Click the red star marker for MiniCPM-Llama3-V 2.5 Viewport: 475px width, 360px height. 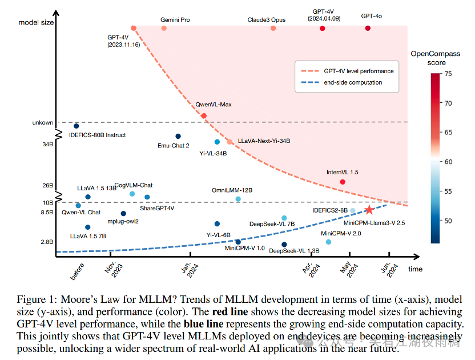[x=369, y=210]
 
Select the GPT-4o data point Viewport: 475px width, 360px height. [x=368, y=28]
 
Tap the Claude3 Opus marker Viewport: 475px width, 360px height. [x=273, y=28]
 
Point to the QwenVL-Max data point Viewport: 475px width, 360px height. [x=204, y=116]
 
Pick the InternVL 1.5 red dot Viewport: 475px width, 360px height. [x=343, y=182]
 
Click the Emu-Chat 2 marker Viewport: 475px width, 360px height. [x=178, y=136]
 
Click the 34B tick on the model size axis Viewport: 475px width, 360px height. [x=47, y=145]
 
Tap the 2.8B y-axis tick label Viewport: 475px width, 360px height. [x=47, y=242]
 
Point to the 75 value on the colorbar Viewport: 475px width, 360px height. [x=448, y=74]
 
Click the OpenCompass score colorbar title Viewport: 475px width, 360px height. [x=436, y=58]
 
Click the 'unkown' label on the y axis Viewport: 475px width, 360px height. [x=43, y=122]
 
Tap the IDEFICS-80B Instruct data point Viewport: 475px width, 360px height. [x=77, y=126]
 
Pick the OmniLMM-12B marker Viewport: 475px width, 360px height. [x=238, y=199]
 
